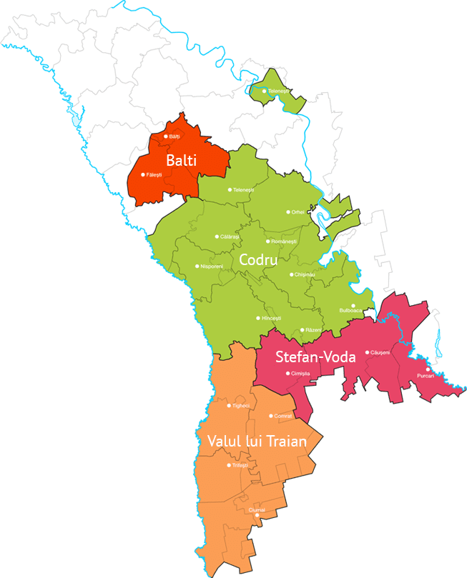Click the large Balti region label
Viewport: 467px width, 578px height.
182,160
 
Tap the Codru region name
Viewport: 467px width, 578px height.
258,261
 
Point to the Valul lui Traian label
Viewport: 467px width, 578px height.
257,442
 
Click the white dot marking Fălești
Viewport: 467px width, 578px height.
143,174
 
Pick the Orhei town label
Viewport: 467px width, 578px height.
298,212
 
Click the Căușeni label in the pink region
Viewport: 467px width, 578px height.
380,352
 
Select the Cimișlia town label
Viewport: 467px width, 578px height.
300,374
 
